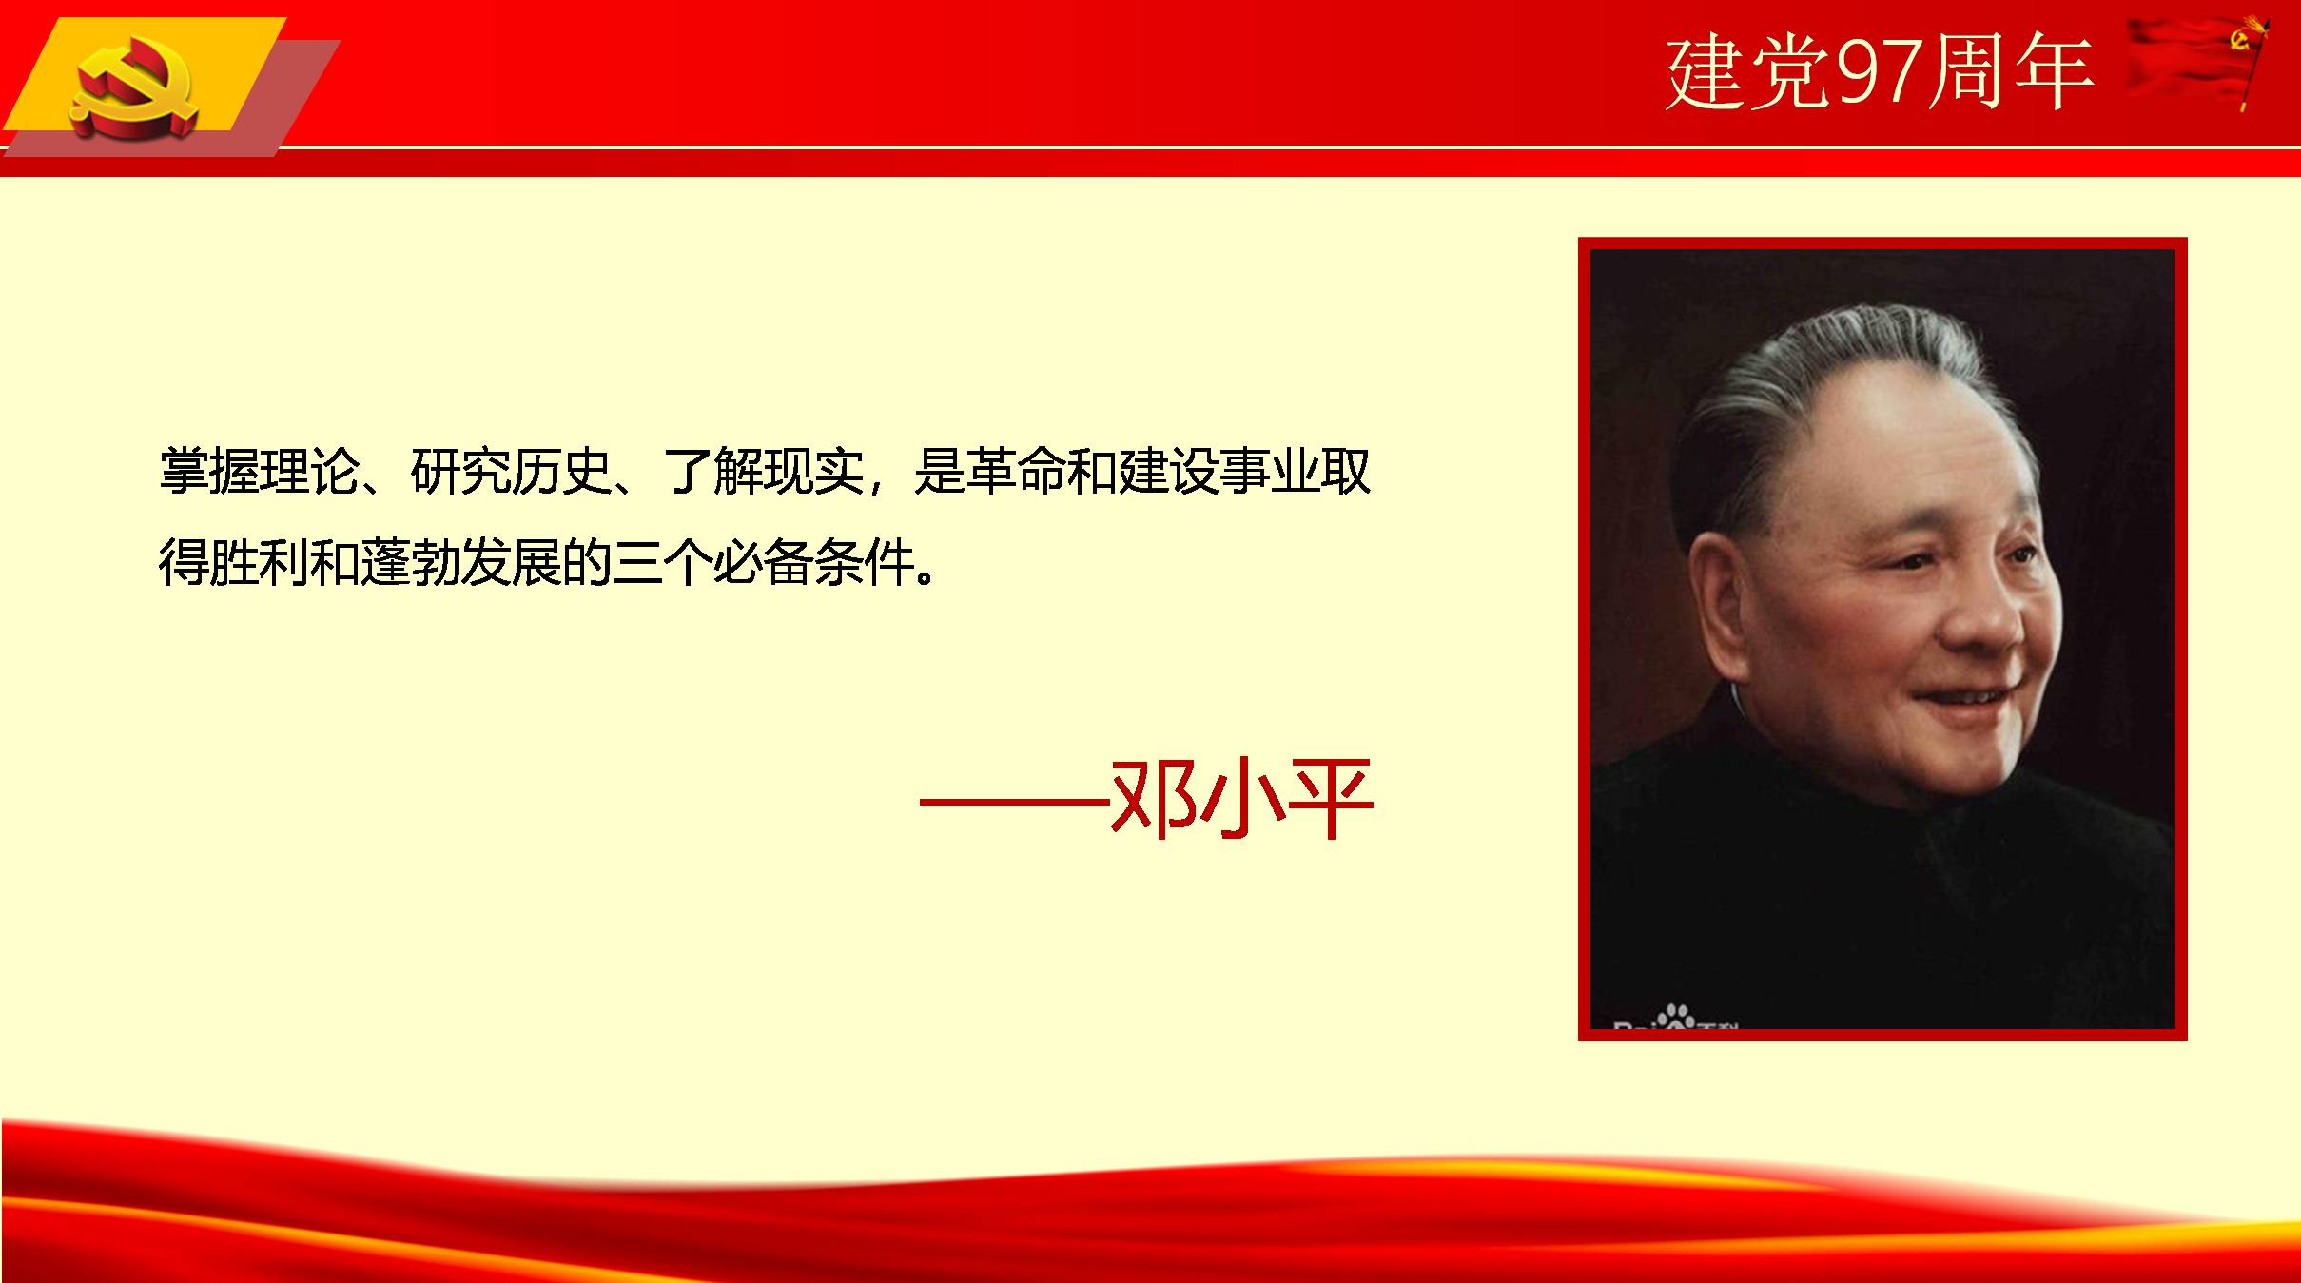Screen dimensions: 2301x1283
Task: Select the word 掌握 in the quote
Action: [x=208, y=471]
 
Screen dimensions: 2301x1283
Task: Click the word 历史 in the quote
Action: [x=560, y=471]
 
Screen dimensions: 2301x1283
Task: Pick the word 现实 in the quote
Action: [x=813, y=471]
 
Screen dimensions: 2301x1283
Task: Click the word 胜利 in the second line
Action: [x=259, y=562]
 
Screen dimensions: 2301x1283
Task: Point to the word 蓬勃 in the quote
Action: [x=410, y=562]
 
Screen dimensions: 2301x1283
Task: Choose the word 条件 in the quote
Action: [x=864, y=562]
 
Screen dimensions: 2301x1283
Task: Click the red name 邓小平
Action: [x=1241, y=799]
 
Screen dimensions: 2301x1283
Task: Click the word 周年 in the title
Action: [x=2011, y=72]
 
